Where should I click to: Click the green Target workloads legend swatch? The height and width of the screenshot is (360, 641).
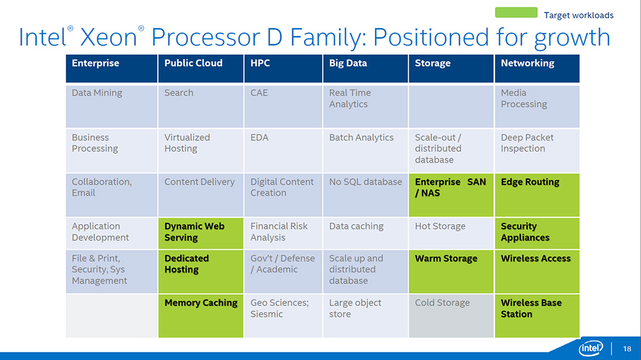click(x=516, y=13)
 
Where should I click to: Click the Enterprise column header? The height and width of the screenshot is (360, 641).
click(x=111, y=68)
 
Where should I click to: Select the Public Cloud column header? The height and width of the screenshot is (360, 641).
click(x=200, y=68)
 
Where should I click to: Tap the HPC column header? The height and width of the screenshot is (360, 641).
click(x=283, y=68)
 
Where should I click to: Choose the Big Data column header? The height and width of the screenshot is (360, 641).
click(x=366, y=68)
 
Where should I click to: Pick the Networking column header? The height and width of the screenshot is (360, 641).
click(x=537, y=68)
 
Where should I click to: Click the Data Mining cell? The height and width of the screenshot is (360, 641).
click(x=111, y=106)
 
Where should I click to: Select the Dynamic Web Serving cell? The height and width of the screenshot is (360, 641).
click(x=200, y=232)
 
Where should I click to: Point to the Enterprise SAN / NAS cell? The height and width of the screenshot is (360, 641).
click(x=451, y=194)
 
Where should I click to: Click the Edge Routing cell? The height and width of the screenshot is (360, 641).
click(x=537, y=194)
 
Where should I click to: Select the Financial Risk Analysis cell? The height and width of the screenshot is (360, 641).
click(x=283, y=232)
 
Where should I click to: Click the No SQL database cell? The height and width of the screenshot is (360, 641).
click(x=366, y=194)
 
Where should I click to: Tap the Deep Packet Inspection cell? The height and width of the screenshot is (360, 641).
click(x=537, y=150)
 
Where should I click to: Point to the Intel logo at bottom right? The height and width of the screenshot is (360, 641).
click(x=591, y=348)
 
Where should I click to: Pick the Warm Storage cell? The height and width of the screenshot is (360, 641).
click(x=451, y=270)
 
